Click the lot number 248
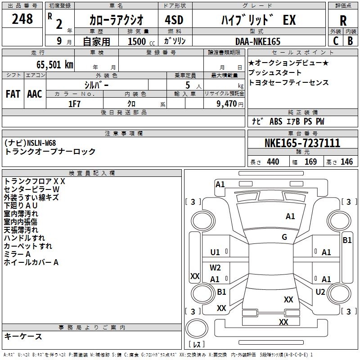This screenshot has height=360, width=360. [22, 19]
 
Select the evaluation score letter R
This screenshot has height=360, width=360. [343, 21]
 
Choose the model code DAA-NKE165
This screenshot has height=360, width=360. [258, 41]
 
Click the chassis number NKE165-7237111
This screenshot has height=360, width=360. [302, 144]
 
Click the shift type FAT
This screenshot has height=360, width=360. [13, 94]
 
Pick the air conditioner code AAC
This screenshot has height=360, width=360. [34, 94]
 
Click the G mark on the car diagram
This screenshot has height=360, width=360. [284, 237]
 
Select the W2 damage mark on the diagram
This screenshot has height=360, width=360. [215, 268]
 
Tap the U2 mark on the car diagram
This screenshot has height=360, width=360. [320, 292]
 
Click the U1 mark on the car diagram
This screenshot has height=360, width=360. [215, 252]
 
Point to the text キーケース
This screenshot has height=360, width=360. [23, 336]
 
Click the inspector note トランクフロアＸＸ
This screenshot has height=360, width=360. [35, 181]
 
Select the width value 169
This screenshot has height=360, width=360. [310, 162]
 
